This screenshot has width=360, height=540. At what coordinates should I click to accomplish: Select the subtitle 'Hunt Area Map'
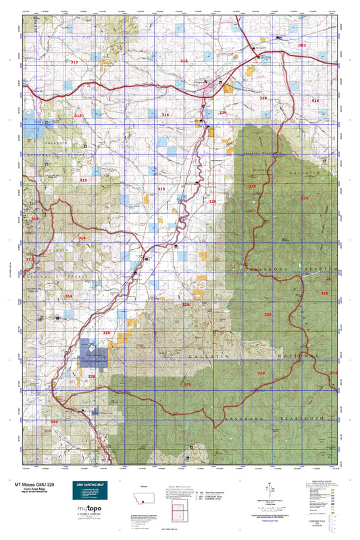tap(28, 490)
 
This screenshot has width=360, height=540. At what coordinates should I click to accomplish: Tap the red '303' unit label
tap(302, 45)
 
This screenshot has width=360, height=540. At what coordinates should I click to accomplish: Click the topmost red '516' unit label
tap(315, 100)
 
